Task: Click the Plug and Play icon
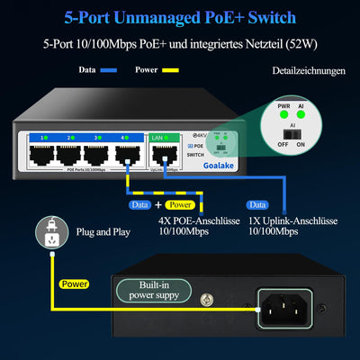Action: coord(50,232)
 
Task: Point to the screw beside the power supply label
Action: coord(207,297)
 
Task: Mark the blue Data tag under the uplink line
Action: coord(257,204)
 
